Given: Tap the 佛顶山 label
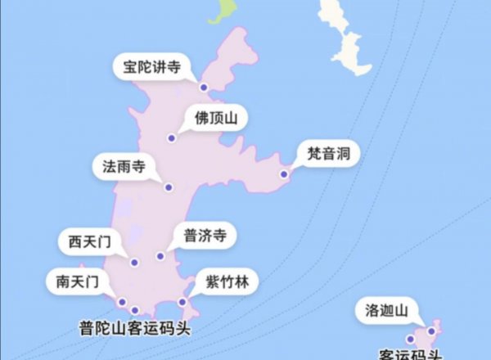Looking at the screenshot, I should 216,119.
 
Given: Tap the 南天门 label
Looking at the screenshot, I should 78,282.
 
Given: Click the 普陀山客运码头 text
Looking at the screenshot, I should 140,328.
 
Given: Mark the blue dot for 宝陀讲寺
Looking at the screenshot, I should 203,88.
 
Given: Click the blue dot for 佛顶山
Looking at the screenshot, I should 171,137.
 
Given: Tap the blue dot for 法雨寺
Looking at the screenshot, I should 168,187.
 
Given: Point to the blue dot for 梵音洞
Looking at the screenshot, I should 284,173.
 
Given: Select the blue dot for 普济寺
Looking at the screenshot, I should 160,256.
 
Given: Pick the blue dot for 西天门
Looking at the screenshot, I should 134,263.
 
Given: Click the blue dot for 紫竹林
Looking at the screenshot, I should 182,302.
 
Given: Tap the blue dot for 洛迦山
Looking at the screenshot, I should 431,331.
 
